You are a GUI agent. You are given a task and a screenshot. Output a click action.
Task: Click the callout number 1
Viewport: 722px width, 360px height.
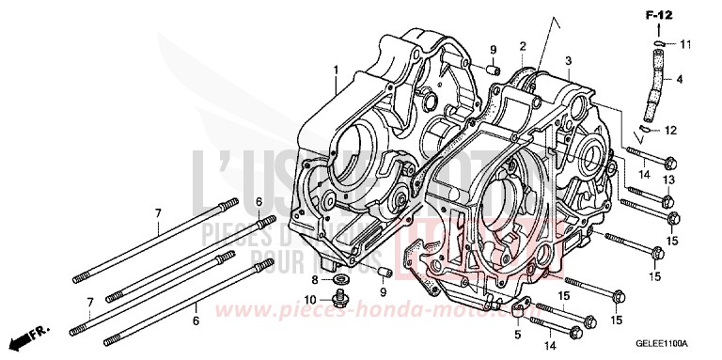334,70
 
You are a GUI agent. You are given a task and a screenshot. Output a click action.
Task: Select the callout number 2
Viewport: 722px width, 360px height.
521,45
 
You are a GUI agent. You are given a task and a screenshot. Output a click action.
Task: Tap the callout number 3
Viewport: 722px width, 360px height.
567,60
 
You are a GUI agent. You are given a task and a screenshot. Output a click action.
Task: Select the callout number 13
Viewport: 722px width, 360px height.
668,179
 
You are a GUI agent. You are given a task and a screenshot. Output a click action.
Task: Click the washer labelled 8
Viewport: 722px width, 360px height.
337,281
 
